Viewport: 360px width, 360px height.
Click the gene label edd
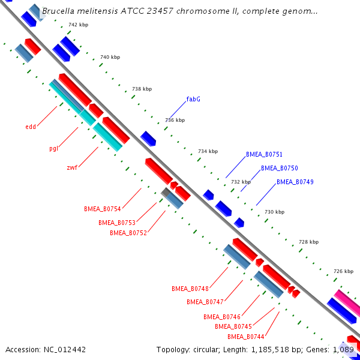click(x=31, y=127)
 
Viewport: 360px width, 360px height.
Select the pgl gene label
click(x=53, y=148)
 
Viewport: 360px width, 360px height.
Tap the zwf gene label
click(x=71, y=167)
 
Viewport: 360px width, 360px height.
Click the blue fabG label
click(x=193, y=99)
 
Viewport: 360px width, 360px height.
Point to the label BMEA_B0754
click(x=103, y=209)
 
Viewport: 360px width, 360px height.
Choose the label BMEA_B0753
click(x=117, y=223)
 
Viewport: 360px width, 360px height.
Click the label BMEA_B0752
click(x=128, y=233)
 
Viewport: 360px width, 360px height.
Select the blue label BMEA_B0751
click(x=264, y=154)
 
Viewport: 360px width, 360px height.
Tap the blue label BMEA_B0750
click(x=279, y=168)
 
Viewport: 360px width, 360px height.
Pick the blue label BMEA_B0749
click(x=295, y=182)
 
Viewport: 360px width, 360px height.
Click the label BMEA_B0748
click(x=190, y=289)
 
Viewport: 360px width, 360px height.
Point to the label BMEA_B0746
click(x=221, y=317)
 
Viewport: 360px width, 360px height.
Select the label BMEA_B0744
click(x=246, y=337)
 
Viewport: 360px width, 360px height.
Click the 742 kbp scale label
click(x=78, y=25)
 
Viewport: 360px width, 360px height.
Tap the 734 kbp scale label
click(x=208, y=151)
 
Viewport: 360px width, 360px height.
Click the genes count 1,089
click(x=344, y=349)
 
